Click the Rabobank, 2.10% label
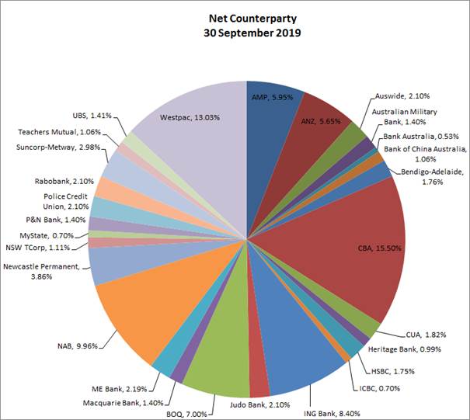[x=64, y=181]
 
